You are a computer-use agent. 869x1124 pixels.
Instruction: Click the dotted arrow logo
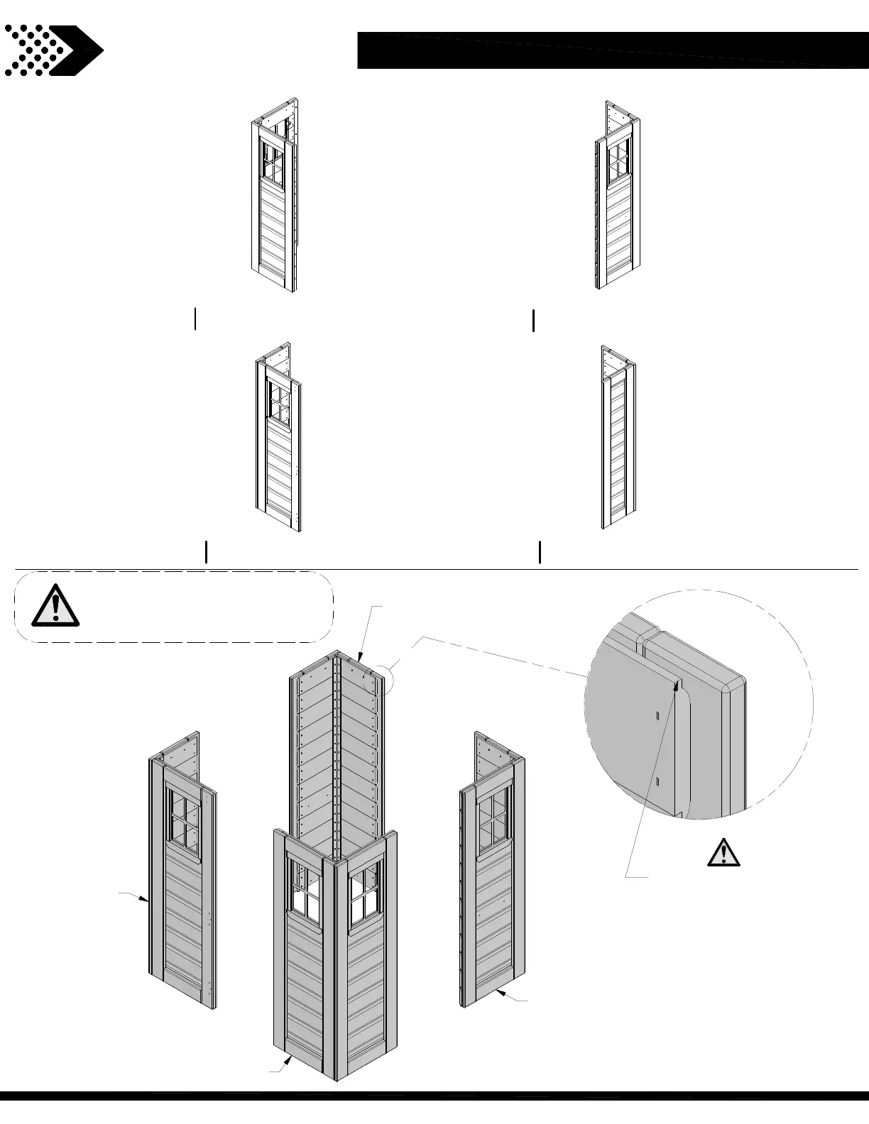[x=53, y=50]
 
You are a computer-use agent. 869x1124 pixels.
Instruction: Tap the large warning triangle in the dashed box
[x=55, y=607]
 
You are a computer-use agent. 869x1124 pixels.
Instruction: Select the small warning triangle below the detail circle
[x=723, y=852]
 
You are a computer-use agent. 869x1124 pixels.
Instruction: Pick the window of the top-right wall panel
[x=618, y=161]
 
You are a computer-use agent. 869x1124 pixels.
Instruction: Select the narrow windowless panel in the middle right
[x=618, y=447]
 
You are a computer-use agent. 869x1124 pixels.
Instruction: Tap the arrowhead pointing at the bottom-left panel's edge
[x=146, y=900]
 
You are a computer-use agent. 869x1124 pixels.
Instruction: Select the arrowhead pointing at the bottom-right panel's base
[x=500, y=993]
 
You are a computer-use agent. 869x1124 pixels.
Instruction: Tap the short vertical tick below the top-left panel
[x=195, y=319]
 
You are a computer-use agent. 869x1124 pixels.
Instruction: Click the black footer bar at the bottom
[x=434, y=1115]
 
